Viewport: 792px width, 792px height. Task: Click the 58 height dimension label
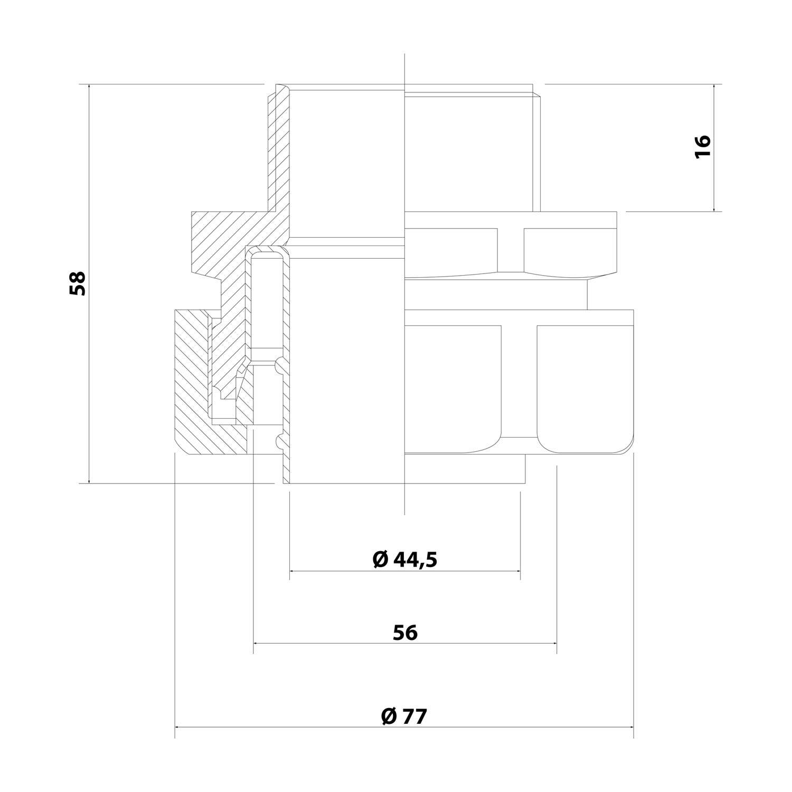tap(78, 283)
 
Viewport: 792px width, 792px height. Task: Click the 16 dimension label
tap(703, 147)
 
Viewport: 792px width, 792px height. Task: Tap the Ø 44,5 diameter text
tap(405, 559)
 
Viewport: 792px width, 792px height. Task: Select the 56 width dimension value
tap(405, 632)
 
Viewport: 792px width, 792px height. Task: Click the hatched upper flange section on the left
tap(222, 238)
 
